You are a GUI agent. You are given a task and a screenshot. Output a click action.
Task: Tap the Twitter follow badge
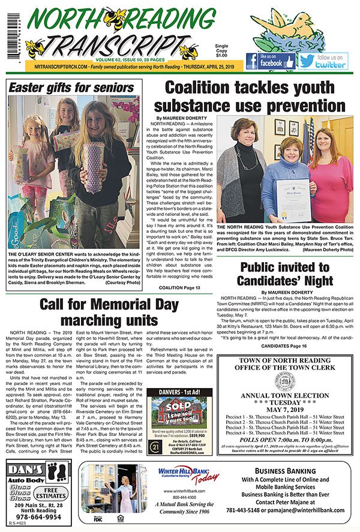324,61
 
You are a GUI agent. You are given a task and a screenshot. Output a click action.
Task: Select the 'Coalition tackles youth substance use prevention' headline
250,97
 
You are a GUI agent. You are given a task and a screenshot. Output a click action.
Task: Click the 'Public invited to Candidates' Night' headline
286,274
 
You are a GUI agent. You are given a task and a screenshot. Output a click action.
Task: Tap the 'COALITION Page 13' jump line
182,288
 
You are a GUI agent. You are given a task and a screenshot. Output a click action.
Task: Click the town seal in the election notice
285,380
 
